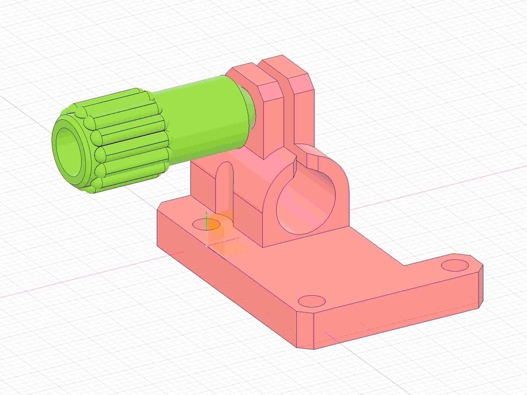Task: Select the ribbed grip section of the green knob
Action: [129, 139]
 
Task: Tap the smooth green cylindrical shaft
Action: [206, 118]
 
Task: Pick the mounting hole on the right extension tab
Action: [455, 265]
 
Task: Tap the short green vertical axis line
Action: [206, 220]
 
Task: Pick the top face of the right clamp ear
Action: [286, 66]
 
